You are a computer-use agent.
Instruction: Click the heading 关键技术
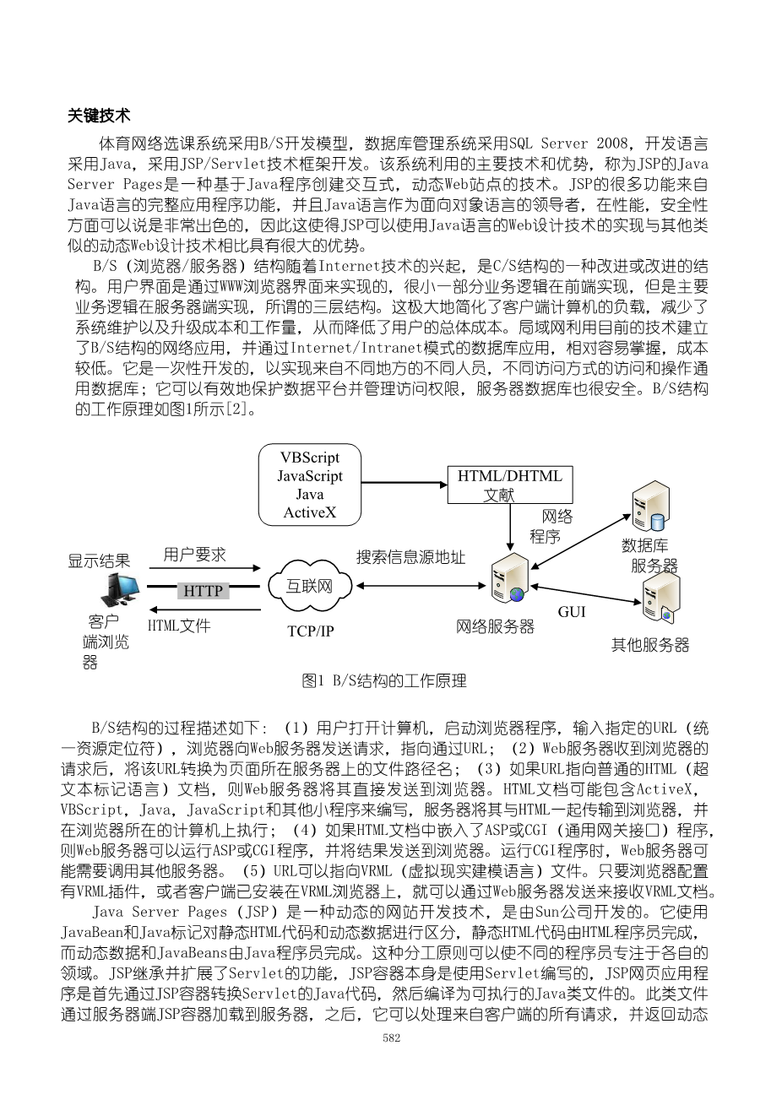[x=99, y=116]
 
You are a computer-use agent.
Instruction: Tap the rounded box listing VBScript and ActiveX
[x=310, y=485]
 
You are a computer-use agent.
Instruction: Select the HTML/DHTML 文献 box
[x=510, y=485]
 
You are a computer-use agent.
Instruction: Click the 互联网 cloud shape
[x=309, y=586]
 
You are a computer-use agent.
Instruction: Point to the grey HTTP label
[x=203, y=591]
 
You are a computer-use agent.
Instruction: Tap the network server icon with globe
[x=510, y=579]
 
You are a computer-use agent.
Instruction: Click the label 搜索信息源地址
[x=410, y=557]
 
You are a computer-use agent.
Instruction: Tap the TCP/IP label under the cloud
[x=310, y=631]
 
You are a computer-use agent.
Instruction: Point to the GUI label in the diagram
[x=572, y=611]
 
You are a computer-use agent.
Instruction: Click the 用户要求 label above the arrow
[x=194, y=555]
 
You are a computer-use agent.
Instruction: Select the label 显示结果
[x=99, y=561]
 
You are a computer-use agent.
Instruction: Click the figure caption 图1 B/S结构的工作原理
[x=384, y=680]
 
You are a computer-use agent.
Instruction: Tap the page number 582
[x=391, y=1037]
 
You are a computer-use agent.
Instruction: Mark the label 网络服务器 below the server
[x=495, y=626]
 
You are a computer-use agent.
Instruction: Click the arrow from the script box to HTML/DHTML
[x=404, y=485]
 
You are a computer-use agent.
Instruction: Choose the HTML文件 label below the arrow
[x=179, y=626]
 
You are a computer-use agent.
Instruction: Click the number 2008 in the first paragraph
[x=612, y=143]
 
